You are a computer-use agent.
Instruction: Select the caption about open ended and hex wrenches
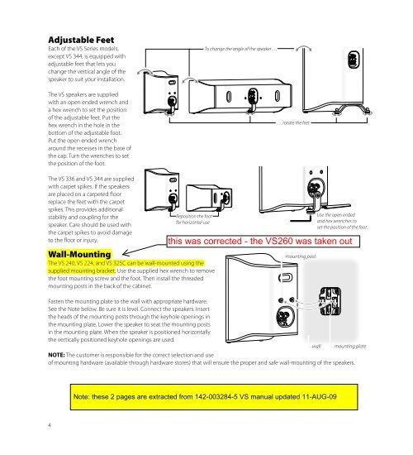[x=342, y=219]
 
